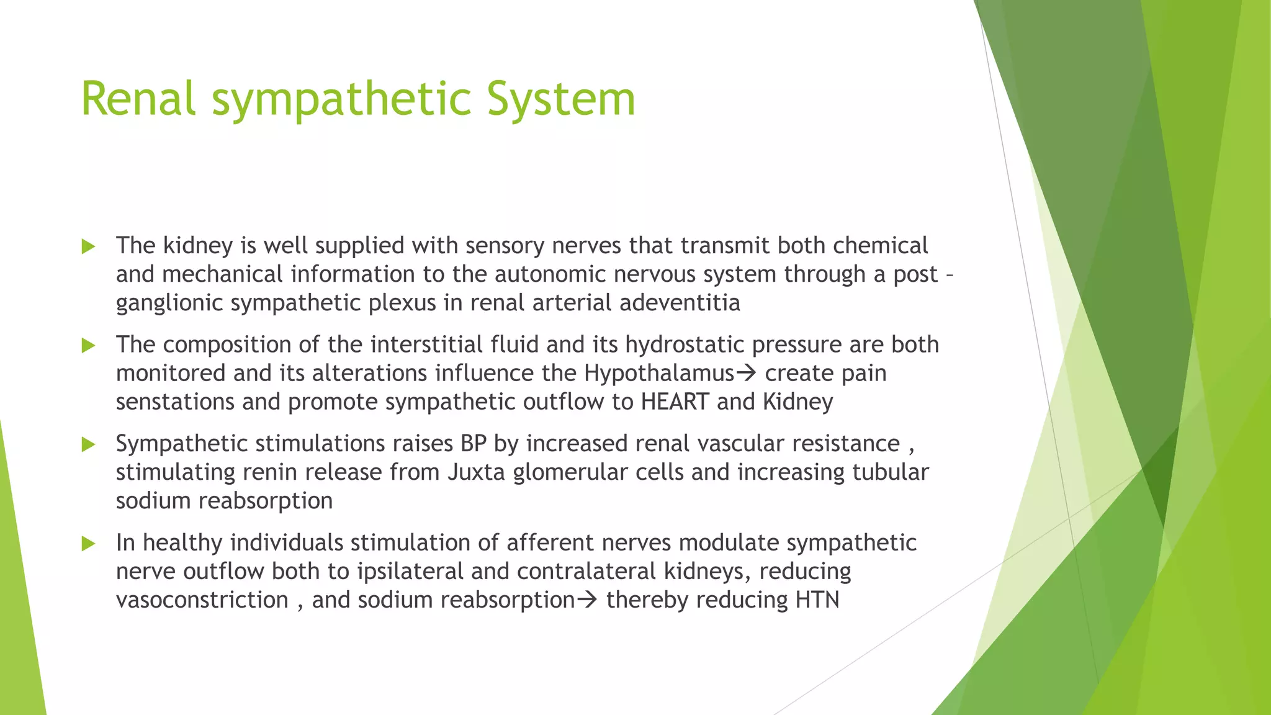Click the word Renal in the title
[x=138, y=99]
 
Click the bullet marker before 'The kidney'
[x=88, y=246]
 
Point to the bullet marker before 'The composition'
[x=88, y=345]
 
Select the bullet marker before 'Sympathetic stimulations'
[x=88, y=444]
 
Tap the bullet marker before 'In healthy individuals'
[x=88, y=544]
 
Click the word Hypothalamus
[x=659, y=374]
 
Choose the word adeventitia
[x=680, y=303]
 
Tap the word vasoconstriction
[x=202, y=600]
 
